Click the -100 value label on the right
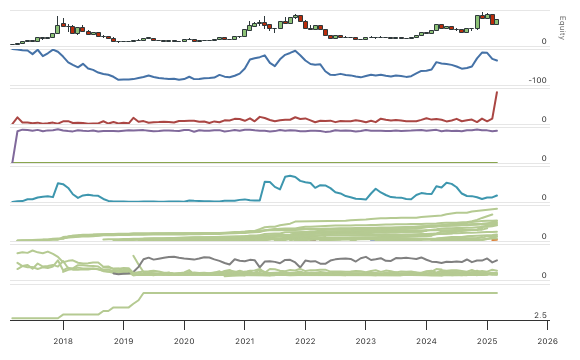click(x=537, y=80)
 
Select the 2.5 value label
click(x=540, y=315)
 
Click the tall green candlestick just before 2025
click(x=478, y=21)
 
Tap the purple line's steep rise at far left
click(x=16, y=145)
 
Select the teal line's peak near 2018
click(x=59, y=183)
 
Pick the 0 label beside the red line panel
click(x=543, y=119)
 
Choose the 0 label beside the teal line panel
click(x=543, y=197)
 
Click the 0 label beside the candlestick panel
click(x=543, y=41)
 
